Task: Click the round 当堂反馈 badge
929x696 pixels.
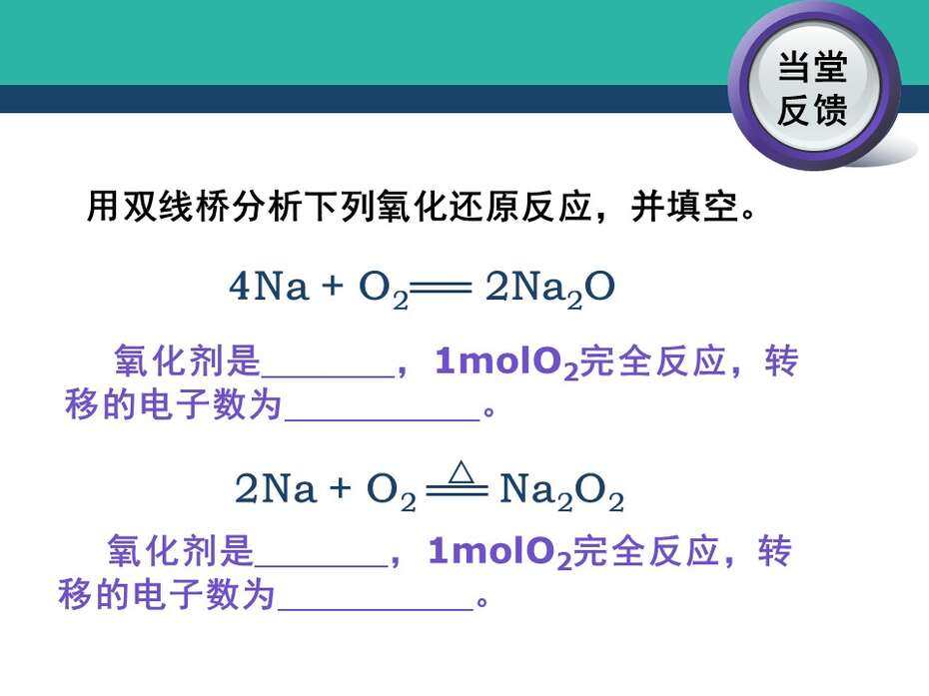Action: click(x=814, y=87)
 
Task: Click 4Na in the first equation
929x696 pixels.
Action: click(x=269, y=287)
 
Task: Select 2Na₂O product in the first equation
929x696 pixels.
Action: click(x=549, y=289)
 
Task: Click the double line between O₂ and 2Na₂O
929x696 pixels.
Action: click(x=441, y=289)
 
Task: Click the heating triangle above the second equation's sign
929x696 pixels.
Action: click(x=461, y=473)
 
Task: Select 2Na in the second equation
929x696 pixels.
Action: click(x=276, y=488)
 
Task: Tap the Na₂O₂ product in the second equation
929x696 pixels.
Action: click(x=561, y=491)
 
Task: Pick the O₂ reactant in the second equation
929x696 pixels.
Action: click(x=391, y=492)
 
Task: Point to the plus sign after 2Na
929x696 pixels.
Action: click(x=341, y=488)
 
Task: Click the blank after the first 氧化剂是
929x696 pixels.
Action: click(x=329, y=375)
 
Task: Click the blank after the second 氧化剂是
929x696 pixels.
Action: click(x=321, y=565)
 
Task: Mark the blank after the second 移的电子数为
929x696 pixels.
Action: click(x=376, y=609)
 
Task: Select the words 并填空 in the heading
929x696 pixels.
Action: click(x=684, y=206)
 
